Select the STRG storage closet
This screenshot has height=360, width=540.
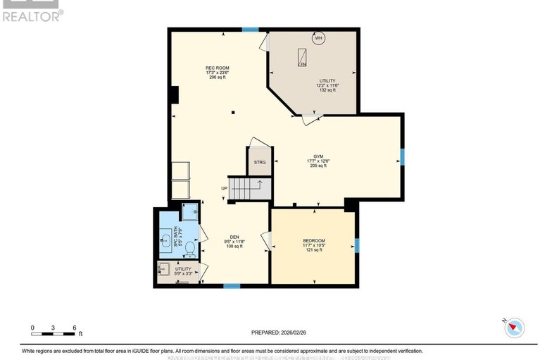click(x=259, y=162)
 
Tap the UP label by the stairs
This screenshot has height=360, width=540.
click(x=224, y=188)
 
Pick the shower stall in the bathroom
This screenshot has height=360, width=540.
click(x=189, y=211)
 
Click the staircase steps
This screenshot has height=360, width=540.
click(x=249, y=188)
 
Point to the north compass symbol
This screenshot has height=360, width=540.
click(x=515, y=325)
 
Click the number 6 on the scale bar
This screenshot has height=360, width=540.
click(x=75, y=328)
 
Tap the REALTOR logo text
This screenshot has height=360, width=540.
click(x=32, y=14)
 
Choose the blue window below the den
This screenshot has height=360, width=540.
click(x=232, y=285)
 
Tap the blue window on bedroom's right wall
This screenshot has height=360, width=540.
click(x=357, y=245)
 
